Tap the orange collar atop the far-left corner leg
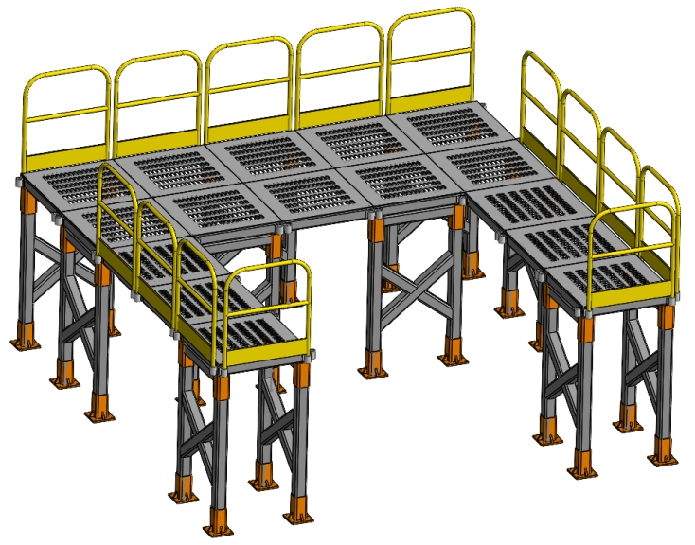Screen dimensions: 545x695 28,202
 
